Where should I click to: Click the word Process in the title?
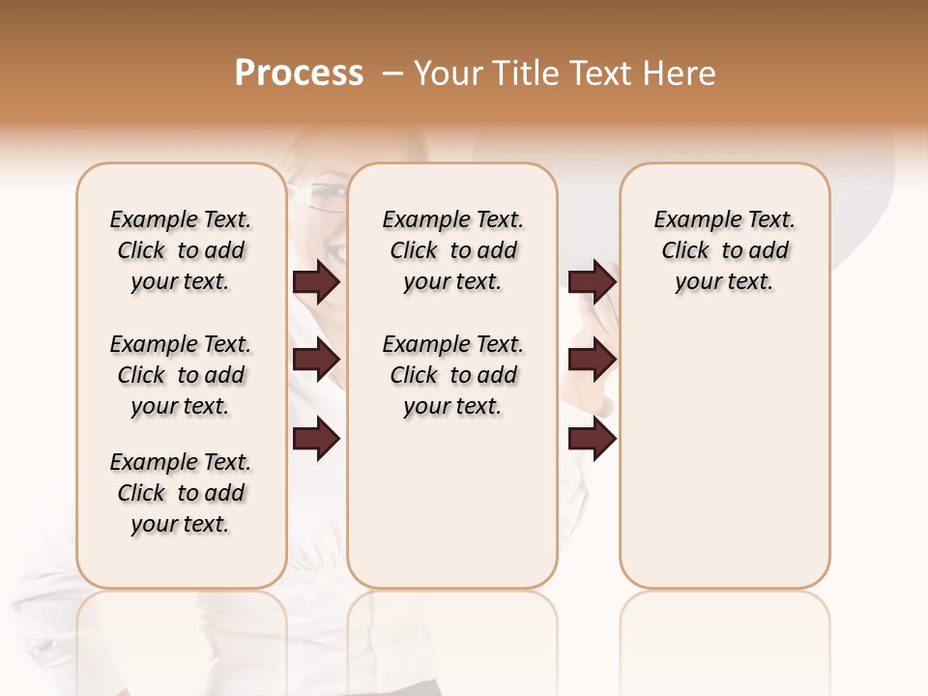(299, 73)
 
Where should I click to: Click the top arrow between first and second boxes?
(316, 281)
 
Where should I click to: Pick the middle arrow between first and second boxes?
(316, 360)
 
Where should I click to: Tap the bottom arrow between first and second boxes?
(316, 439)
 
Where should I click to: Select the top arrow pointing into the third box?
(592, 281)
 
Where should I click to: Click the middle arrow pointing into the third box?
(592, 360)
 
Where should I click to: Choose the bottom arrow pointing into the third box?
(592, 439)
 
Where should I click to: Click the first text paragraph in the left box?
(181, 250)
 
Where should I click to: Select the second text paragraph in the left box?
(181, 375)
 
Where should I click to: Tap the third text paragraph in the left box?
(181, 493)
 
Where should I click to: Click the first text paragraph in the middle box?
(452, 250)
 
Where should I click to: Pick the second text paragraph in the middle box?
(452, 375)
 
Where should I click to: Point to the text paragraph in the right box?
(724, 250)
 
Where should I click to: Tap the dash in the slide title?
(392, 73)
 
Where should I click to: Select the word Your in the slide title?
(449, 73)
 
